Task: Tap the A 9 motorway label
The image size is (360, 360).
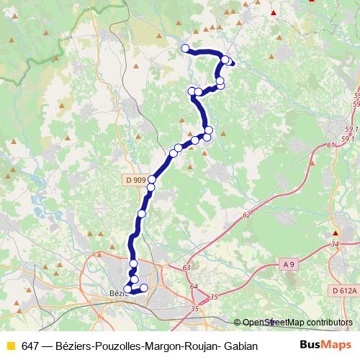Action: point(289,265)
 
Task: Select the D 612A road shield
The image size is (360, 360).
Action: point(346,290)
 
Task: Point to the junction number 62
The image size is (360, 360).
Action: point(247,215)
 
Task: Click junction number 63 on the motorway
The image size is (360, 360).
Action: point(186,268)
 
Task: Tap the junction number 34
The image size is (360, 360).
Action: point(336,245)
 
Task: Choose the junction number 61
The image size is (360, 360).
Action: point(331,145)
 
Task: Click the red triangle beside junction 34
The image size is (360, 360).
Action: point(336,233)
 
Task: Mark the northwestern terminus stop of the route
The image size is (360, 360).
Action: point(185,48)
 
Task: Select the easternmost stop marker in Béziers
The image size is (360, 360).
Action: point(143,288)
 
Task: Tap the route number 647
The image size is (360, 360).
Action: point(30,346)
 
